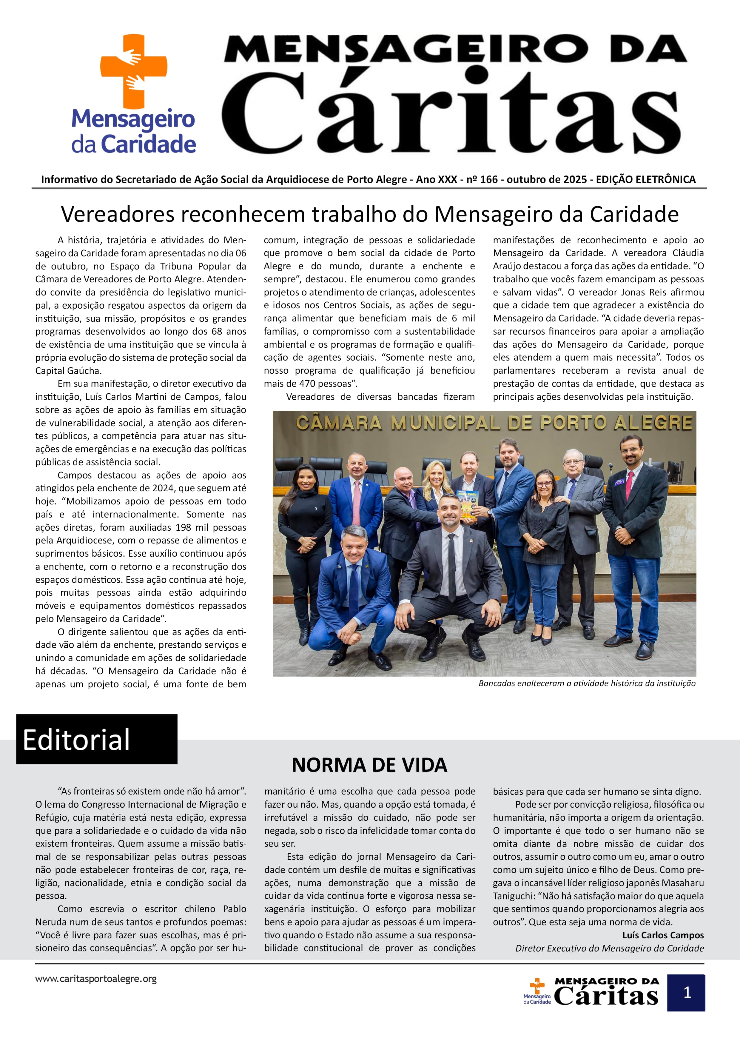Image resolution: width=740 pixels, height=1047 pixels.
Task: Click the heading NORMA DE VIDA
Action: (x=369, y=765)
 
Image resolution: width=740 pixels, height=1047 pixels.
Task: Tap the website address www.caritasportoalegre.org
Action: (x=96, y=979)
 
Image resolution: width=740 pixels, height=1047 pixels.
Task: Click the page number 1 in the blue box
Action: (x=687, y=993)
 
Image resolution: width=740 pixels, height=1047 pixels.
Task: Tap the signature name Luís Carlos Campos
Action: (x=663, y=935)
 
